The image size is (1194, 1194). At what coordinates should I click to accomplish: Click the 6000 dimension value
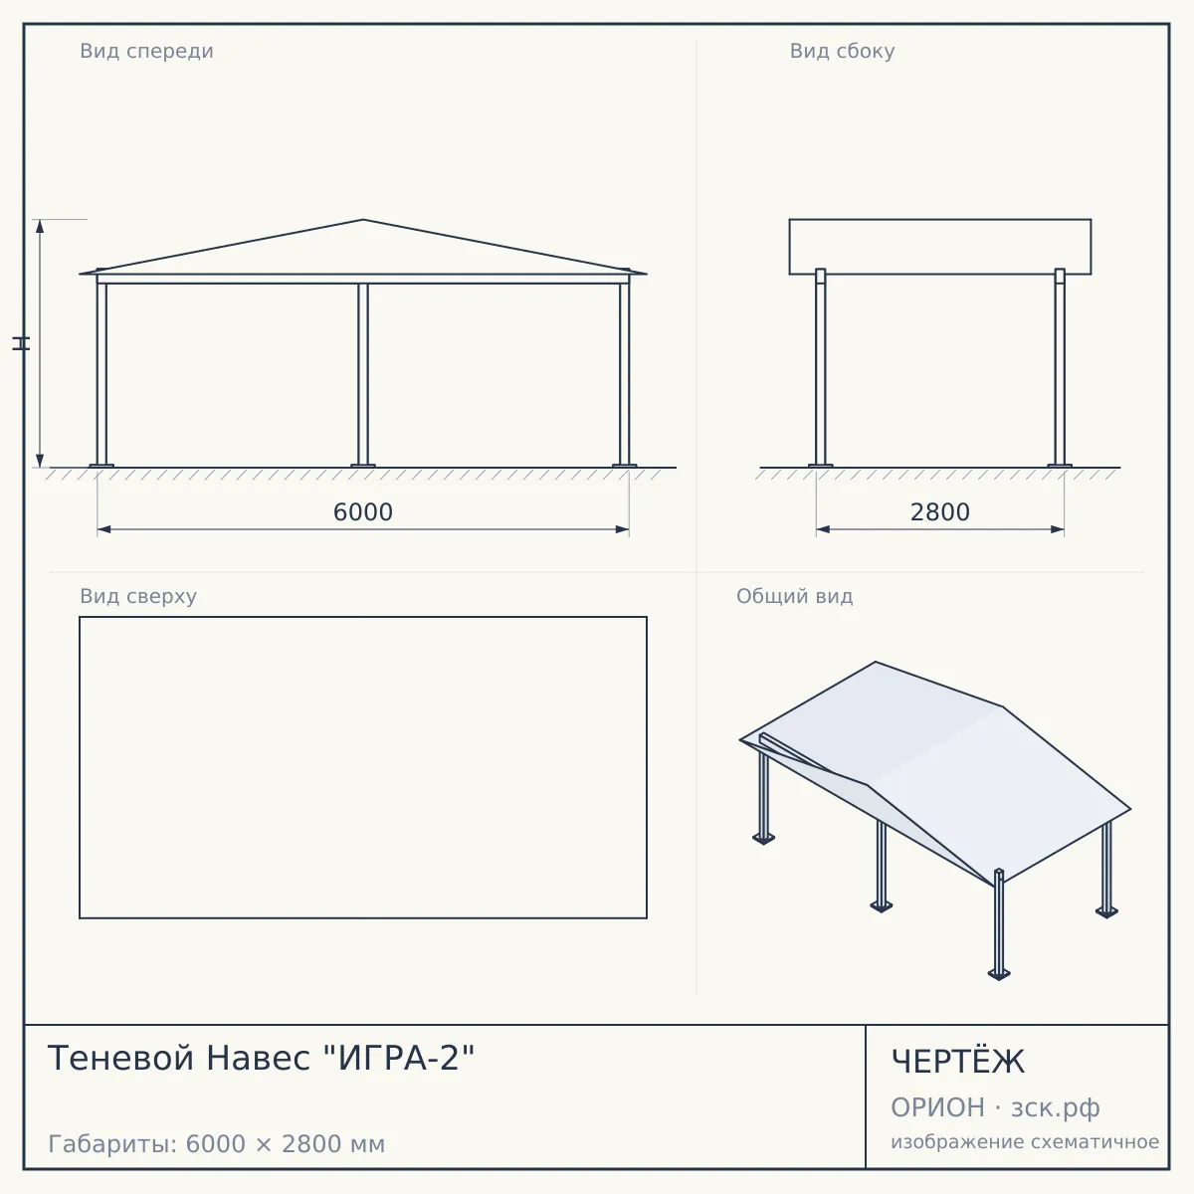363,512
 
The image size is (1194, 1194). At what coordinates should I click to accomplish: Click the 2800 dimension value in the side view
940,512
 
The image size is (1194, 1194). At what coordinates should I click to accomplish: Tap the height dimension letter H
21,343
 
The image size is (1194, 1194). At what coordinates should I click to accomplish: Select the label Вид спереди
147,51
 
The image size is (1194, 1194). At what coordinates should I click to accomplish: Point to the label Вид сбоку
842,51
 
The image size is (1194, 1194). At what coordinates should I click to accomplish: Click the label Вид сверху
138,596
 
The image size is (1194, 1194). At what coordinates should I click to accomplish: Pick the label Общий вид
794,596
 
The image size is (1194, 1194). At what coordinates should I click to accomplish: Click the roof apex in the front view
363,219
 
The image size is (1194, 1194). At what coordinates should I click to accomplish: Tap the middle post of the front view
363,374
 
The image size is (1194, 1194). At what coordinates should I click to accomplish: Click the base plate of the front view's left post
101,466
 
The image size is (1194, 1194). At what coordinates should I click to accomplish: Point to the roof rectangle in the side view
940,247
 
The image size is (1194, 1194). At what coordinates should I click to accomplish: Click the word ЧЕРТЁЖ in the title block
958,1062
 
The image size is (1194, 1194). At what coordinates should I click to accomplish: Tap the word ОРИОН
937,1107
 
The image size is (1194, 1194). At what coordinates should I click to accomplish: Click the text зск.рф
1056,1108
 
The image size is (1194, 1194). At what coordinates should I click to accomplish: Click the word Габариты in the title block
113,1144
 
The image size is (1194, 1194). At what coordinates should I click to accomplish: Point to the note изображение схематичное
1025,1141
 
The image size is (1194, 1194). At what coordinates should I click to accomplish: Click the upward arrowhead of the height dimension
40,226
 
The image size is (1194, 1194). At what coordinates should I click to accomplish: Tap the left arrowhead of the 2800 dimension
823,529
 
